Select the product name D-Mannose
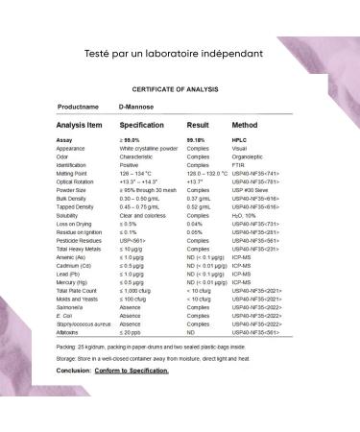tap(135, 107)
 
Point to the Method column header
tap(245, 125)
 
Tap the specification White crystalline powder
tap(148, 148)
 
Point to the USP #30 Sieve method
tap(252, 188)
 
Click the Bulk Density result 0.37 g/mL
tap(199, 196)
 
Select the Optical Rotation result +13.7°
tap(195, 180)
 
